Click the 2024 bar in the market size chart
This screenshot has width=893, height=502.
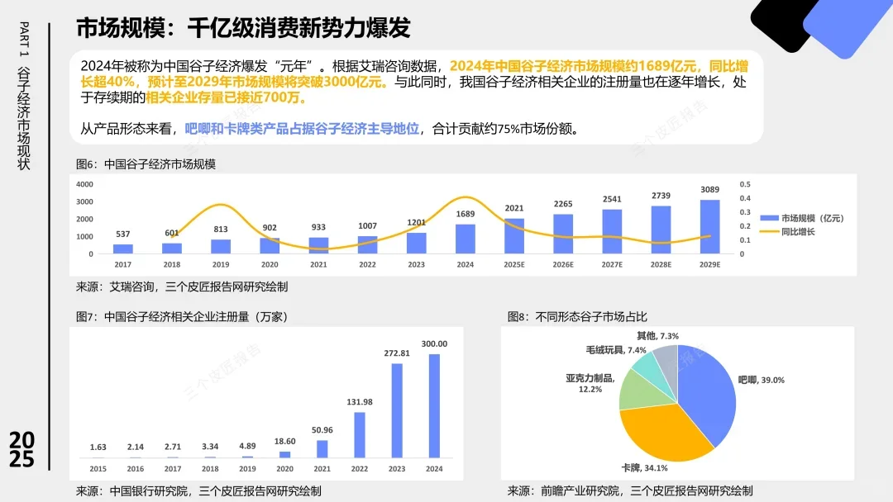click(x=466, y=239)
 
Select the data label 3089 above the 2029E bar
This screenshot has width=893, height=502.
click(x=709, y=190)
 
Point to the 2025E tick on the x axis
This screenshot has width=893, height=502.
click(x=513, y=264)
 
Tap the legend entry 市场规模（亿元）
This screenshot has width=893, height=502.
click(x=805, y=218)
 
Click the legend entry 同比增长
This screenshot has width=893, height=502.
click(x=797, y=232)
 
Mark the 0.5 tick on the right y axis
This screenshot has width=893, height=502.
click(x=744, y=184)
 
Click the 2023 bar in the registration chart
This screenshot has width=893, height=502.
click(x=396, y=410)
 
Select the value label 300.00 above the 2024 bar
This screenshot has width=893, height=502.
click(x=434, y=343)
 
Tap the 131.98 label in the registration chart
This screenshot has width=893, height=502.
click(x=358, y=402)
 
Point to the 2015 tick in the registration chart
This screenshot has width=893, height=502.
click(x=98, y=469)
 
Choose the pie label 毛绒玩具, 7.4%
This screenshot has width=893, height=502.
click(x=616, y=350)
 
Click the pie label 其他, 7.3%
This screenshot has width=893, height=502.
click(x=657, y=336)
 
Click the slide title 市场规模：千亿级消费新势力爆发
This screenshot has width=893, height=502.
click(x=243, y=28)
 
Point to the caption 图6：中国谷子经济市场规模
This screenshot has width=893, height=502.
click(x=146, y=164)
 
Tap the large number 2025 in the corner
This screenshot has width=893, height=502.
click(x=22, y=450)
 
